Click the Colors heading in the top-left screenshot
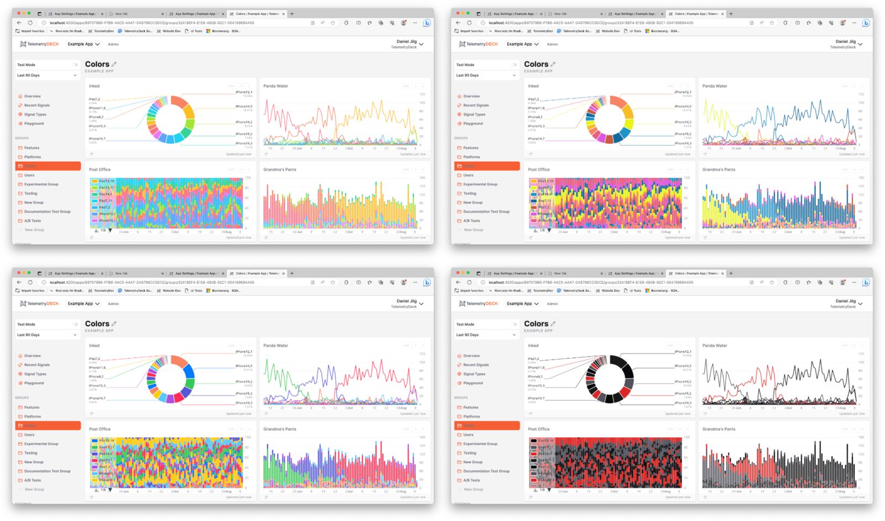tap(97, 64)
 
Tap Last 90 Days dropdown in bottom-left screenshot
tap(46, 335)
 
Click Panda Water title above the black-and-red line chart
tap(715, 345)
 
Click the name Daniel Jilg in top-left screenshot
tap(406, 42)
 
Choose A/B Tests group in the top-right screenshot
tap(471, 221)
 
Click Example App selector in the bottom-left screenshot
tap(83, 303)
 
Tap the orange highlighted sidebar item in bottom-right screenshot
tap(487, 426)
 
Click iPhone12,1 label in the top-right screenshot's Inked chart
tap(683, 92)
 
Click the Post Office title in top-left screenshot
tap(100, 169)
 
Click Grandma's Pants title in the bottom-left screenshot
tap(279, 429)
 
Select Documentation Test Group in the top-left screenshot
tap(47, 212)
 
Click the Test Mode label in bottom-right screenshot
tap(465, 324)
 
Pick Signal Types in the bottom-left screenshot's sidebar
tap(35, 374)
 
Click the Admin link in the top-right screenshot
tap(552, 44)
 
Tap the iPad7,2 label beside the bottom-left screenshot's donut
tap(94, 359)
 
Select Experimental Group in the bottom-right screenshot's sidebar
tap(480, 444)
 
